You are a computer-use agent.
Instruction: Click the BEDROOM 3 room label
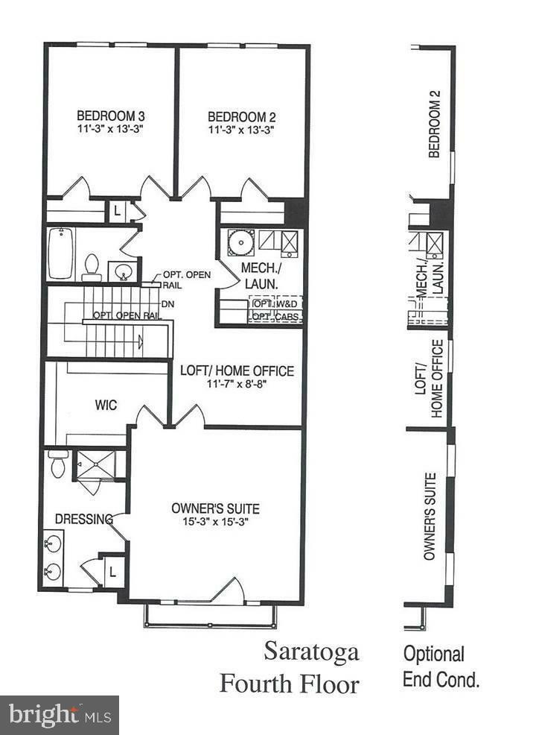[110, 117]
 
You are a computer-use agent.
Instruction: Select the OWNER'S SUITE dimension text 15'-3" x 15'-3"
[216, 522]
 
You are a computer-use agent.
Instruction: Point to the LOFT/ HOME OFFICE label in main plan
[237, 371]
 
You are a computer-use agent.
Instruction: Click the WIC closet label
[105, 406]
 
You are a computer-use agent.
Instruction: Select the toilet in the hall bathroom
[92, 266]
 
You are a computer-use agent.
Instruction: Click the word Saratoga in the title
[311, 652]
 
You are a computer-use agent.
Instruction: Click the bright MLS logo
[59, 715]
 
